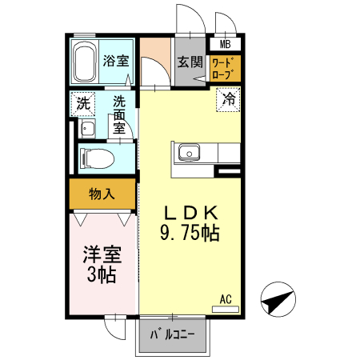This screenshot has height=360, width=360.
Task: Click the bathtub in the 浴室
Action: point(85,63)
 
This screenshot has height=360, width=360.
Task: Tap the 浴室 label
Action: point(117,60)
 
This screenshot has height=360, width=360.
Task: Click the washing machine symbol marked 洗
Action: point(82,102)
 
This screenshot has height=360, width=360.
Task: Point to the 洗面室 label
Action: point(118,114)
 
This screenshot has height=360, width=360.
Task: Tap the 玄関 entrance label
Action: point(189,62)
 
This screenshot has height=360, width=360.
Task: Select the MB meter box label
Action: point(226,45)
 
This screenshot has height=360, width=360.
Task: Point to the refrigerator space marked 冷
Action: point(228,100)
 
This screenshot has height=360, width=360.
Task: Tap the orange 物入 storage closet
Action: point(102,193)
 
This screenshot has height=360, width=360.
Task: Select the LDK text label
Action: point(191,213)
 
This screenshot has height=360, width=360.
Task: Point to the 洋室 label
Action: point(102,256)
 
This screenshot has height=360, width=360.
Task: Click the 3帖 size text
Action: point(102,276)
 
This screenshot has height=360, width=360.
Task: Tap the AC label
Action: point(226,300)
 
